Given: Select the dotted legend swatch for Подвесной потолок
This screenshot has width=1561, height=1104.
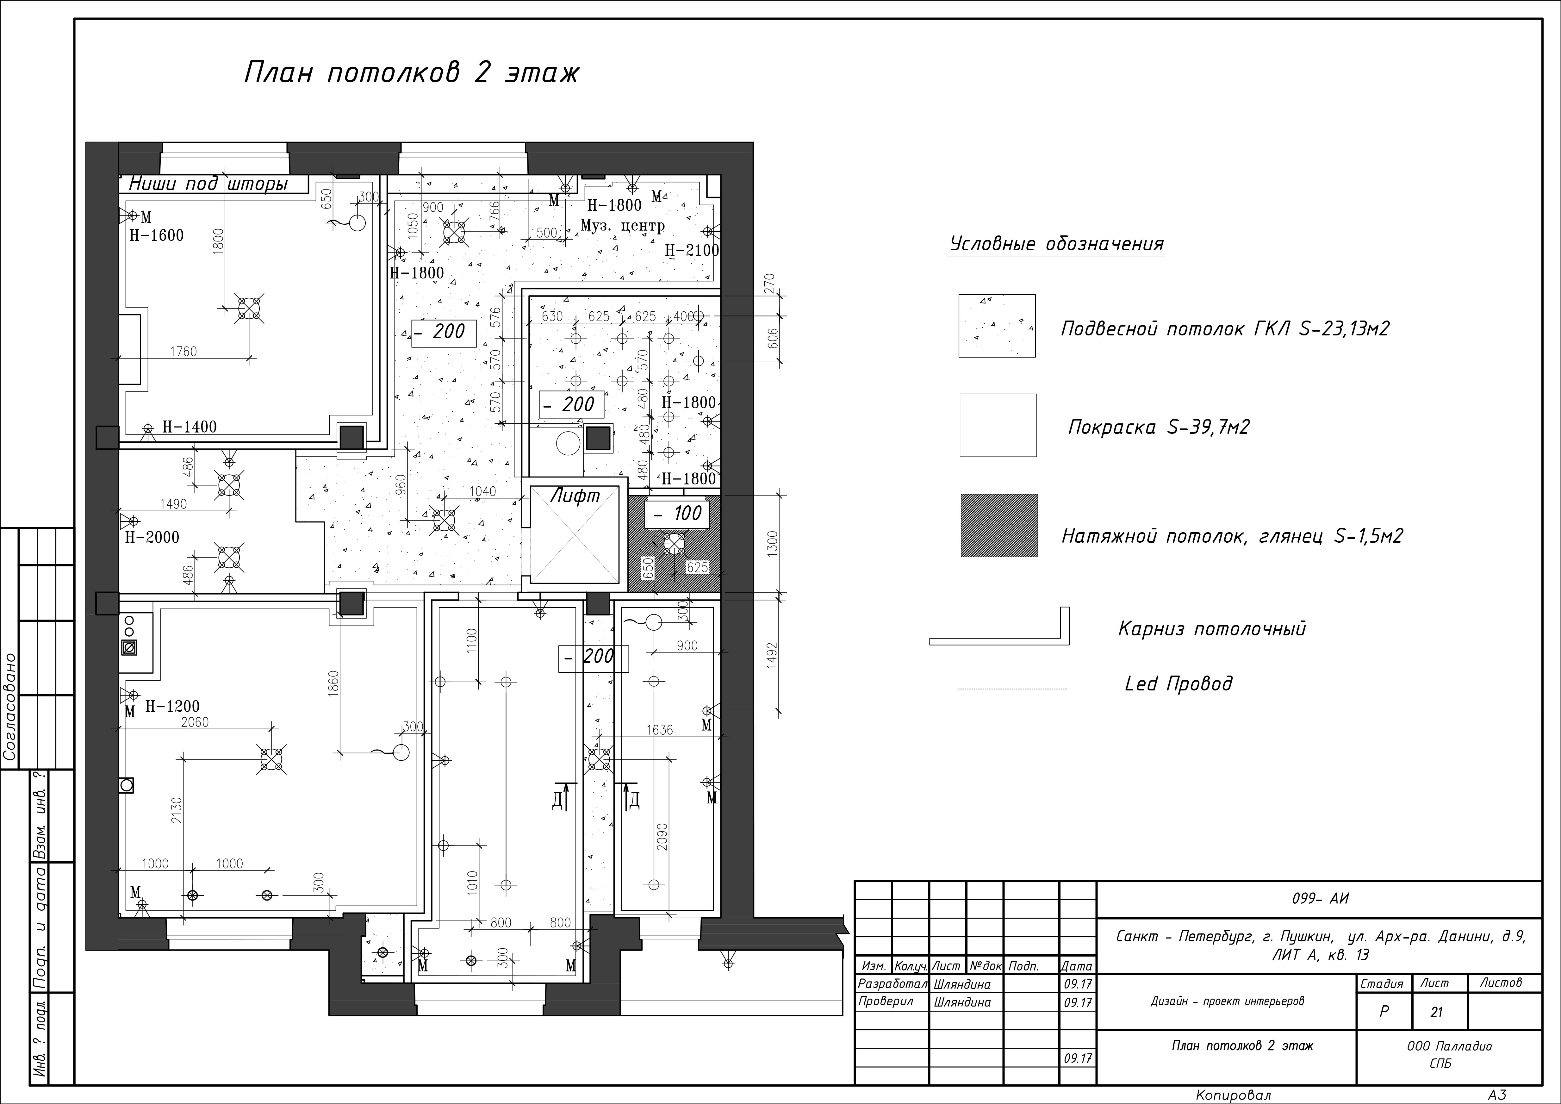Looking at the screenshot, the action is coord(997,326).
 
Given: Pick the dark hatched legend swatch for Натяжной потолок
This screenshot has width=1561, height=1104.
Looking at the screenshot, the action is coord(999,526).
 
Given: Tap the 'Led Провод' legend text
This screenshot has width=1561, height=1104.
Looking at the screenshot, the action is coord(1178,683).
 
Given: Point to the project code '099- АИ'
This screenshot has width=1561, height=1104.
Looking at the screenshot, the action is coord(1320,899).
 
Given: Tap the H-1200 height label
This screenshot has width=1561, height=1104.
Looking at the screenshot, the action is coord(173,706).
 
